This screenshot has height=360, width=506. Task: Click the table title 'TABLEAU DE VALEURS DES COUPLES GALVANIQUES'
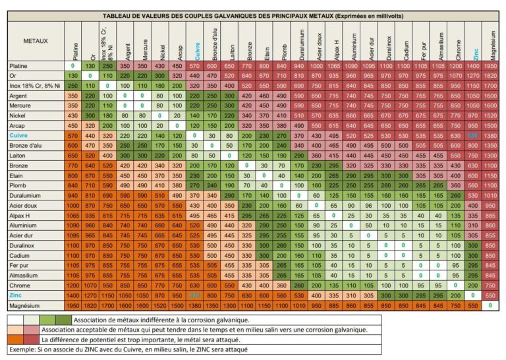pos(253,15)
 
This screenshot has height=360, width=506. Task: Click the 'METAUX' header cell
pos(36,40)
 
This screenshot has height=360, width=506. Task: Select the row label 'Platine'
pos(19,67)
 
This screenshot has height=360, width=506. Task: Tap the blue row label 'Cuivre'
pos(19,135)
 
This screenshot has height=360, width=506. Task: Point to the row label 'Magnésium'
pos(24,306)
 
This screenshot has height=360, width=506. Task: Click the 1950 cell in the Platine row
pos(489,67)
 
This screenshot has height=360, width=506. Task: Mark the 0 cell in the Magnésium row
pos(489,306)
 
